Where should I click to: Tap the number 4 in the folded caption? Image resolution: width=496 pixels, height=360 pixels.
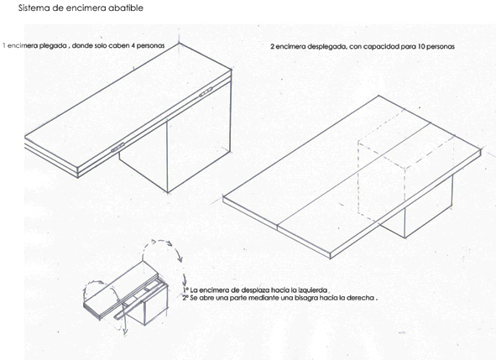[x=133, y=45]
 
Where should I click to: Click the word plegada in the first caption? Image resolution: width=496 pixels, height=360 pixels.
[x=53, y=46]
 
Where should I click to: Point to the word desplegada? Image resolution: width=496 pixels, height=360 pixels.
[x=327, y=47]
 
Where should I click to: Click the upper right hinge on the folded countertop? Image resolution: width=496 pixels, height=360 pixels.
[x=204, y=93]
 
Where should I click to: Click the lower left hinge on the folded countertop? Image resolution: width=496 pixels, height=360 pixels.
[x=118, y=147]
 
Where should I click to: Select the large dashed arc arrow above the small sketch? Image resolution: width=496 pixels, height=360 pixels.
[x=162, y=250]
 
